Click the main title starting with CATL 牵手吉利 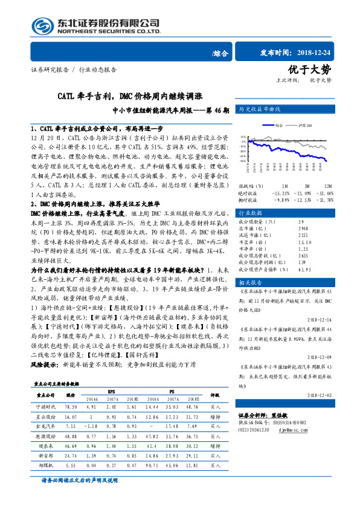pyautogui.click(x=130, y=96)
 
